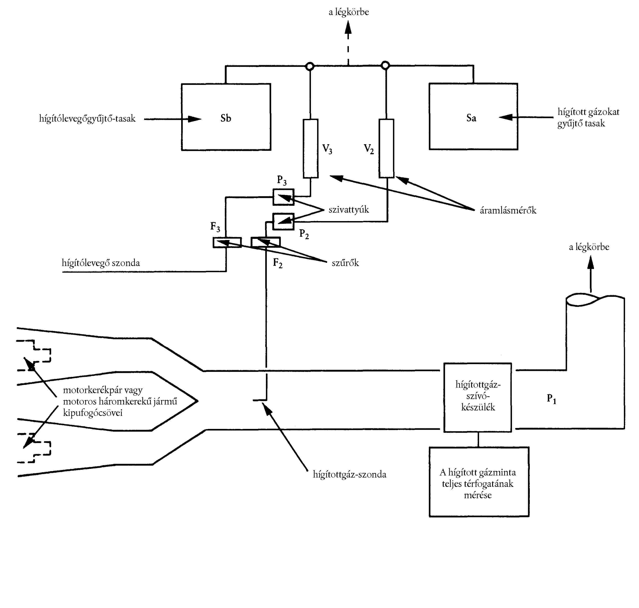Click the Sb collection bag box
[226, 117]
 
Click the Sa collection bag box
[473, 117]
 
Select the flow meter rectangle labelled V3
[310, 149]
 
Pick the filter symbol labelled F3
[227, 243]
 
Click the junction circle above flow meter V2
[385, 66]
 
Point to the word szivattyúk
[349, 210]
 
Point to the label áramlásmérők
[508, 211]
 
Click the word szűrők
[345, 263]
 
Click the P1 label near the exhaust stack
[551, 398]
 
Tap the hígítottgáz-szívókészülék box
[477, 397]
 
